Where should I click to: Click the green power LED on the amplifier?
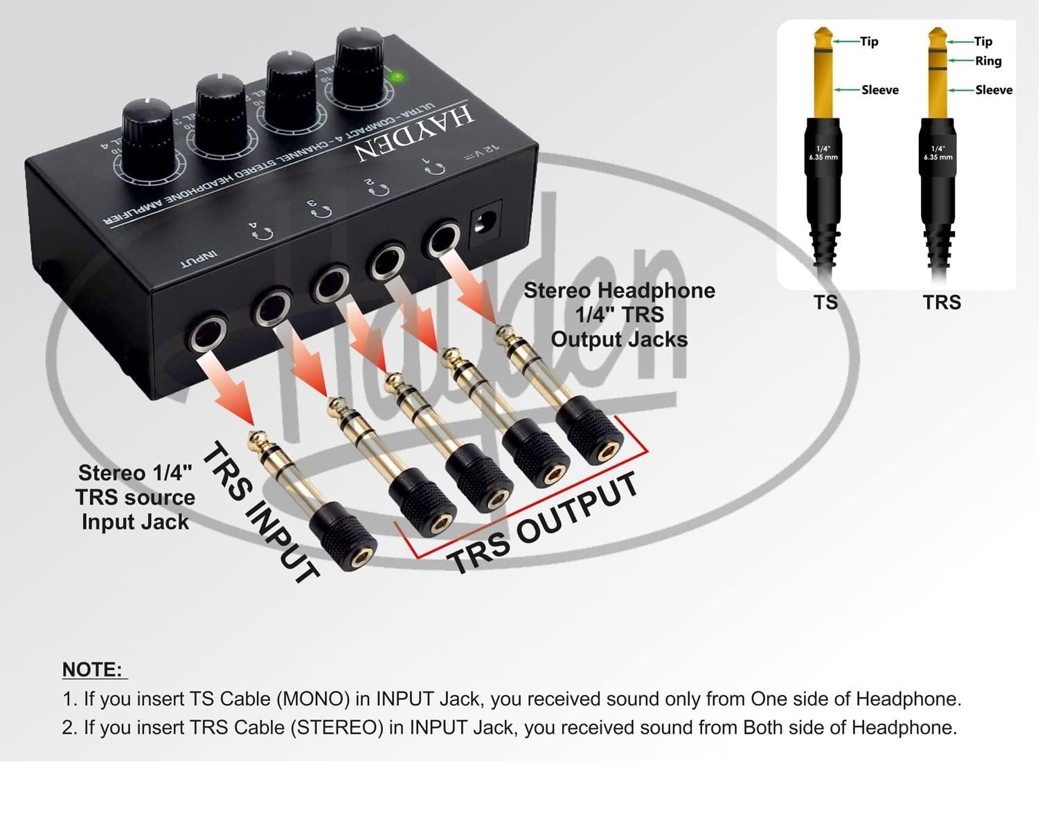click(397, 77)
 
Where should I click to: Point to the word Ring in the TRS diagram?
click(988, 61)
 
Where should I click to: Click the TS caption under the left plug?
click(825, 302)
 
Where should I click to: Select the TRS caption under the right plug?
click(942, 302)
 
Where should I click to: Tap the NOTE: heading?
click(93, 669)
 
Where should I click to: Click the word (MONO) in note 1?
click(313, 699)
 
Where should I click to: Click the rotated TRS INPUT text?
click(260, 512)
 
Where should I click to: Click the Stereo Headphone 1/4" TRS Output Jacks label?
click(619, 315)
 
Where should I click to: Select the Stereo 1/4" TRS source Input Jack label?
click(136, 497)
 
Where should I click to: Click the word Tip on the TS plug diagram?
click(869, 42)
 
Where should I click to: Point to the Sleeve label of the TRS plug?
click(994, 90)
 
